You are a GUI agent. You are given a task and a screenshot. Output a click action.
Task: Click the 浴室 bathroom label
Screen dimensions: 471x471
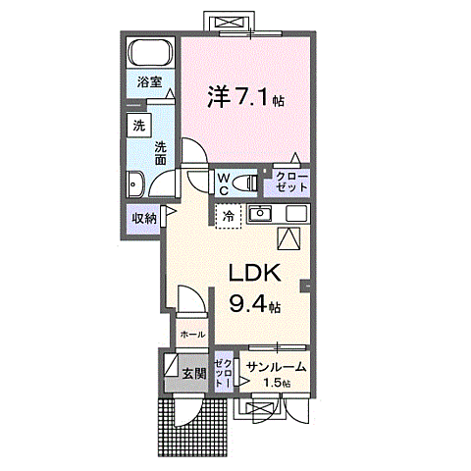(x=149, y=83)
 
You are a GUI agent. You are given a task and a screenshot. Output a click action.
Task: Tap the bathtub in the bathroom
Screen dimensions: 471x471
(x=150, y=52)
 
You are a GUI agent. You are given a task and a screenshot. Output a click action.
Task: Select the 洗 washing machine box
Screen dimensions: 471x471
(x=139, y=126)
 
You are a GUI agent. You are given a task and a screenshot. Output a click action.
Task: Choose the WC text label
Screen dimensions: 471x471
(x=224, y=183)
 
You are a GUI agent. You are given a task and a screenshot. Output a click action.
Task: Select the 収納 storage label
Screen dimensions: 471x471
(x=143, y=218)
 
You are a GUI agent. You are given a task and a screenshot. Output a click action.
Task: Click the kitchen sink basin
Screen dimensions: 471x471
(x=260, y=215)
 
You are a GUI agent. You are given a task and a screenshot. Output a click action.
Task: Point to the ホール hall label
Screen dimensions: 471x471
(x=191, y=334)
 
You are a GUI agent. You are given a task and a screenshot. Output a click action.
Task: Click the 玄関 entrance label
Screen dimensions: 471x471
(x=193, y=373)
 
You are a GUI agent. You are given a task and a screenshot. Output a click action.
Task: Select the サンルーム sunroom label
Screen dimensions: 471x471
(x=276, y=367)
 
